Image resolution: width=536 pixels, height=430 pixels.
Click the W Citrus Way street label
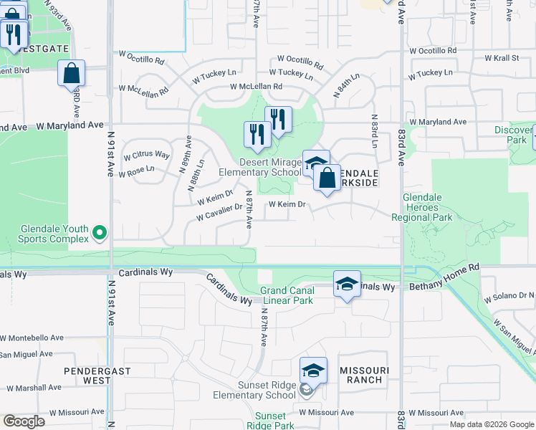click(147, 155)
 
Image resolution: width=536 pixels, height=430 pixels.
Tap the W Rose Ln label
click(140, 169)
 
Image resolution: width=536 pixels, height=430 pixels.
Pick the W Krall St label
click(502, 57)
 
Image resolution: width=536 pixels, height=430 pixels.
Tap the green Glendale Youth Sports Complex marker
click(100, 232)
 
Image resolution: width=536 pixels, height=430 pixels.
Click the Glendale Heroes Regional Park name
click(428, 207)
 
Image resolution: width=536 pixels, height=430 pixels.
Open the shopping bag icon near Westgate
click(72, 73)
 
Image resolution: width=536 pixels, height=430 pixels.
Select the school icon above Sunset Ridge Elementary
click(313, 371)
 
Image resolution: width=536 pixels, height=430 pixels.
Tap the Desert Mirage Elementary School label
click(270, 167)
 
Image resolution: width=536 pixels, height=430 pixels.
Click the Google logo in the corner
click(24, 421)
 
